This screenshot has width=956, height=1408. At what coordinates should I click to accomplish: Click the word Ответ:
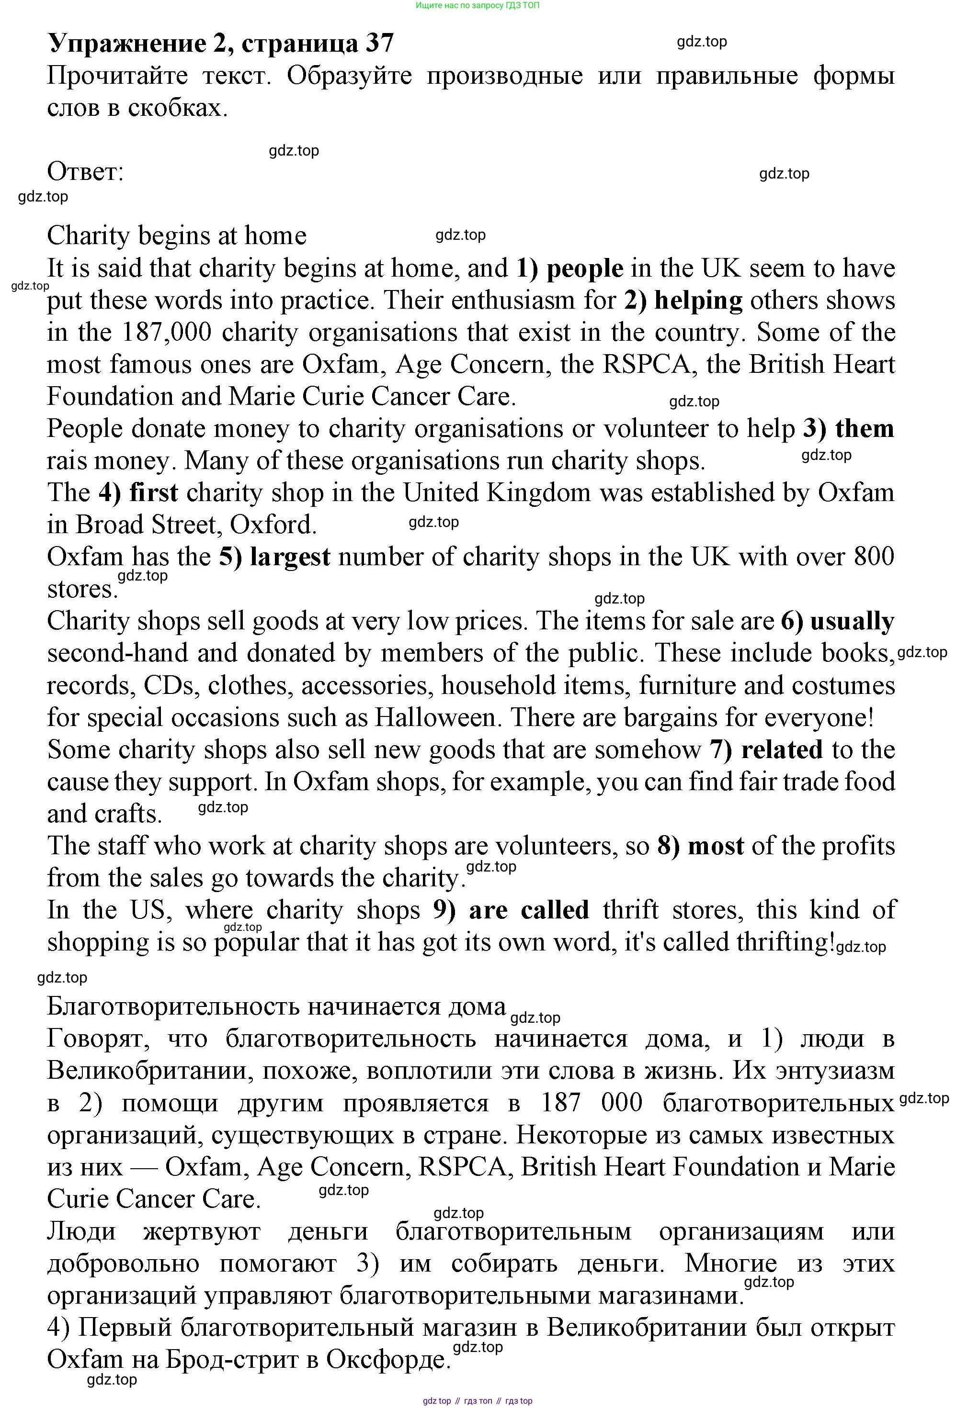[85, 172]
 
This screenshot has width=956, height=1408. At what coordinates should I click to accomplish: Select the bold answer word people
[584, 269]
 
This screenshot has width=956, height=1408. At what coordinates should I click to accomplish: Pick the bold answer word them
[865, 429]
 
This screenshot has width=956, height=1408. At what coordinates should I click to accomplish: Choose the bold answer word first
[153, 493]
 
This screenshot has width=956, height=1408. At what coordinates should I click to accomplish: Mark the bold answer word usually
[852, 622]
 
